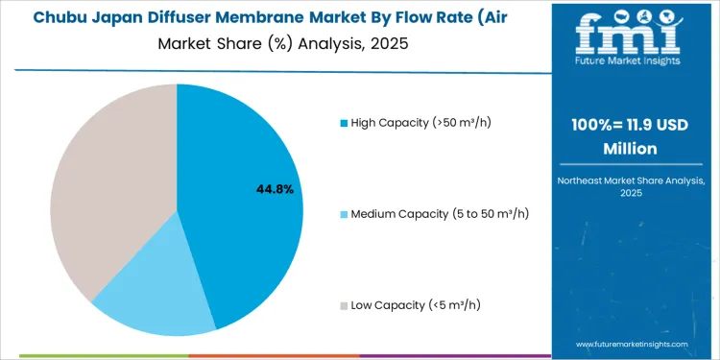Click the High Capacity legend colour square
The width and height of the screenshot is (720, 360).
click(345, 122)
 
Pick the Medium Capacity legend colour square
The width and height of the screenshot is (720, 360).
click(345, 213)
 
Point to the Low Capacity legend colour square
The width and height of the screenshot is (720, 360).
click(345, 305)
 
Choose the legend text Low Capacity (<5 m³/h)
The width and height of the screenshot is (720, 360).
click(416, 305)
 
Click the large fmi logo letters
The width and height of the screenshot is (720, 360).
click(634, 36)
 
